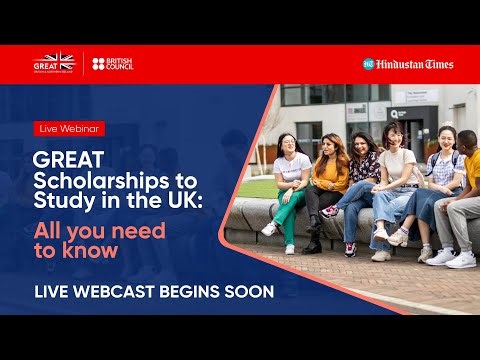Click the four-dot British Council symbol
pos(98,64)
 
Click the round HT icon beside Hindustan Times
pos(368,64)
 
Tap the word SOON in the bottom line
pos(245,293)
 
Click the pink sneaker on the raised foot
pos(329,211)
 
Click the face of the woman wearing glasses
pos(291,143)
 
